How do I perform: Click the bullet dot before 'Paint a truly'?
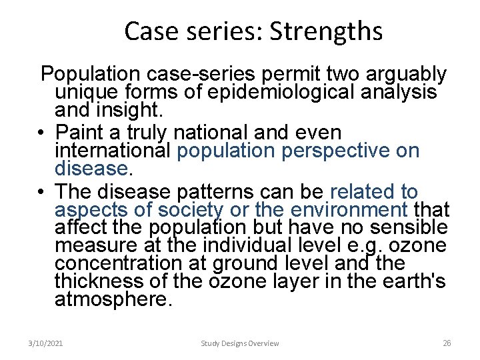[41, 133]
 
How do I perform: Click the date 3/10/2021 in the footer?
[46, 343]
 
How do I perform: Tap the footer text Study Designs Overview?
[240, 343]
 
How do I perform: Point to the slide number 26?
[447, 343]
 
